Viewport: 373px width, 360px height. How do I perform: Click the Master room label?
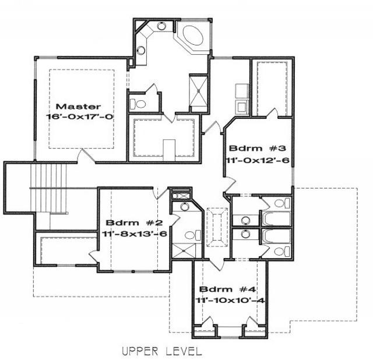pos(78,107)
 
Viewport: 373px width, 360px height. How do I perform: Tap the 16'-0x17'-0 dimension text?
pos(79,117)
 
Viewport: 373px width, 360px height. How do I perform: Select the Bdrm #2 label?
pos(135,223)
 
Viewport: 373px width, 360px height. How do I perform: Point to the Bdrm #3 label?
pos(257,149)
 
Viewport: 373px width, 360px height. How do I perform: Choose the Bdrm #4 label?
pos(227,290)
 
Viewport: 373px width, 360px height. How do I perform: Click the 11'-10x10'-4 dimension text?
pos(230,301)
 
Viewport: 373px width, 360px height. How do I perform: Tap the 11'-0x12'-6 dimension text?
pos(258,160)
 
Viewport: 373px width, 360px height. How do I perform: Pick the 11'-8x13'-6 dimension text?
pos(135,234)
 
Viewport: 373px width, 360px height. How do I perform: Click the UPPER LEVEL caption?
pos(162,351)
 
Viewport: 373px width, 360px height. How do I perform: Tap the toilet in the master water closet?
pos(138,104)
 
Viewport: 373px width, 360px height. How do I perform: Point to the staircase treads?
pos(48,188)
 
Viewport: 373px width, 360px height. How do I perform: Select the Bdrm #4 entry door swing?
pos(216,264)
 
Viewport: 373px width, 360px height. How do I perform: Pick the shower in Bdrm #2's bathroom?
pos(184,250)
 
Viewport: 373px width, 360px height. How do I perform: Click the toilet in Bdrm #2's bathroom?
pos(193,235)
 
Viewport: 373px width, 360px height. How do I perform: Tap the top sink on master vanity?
pos(161,26)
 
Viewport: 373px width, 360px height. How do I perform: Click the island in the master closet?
pos(169,150)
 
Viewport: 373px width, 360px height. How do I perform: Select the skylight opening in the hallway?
pos(217,227)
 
